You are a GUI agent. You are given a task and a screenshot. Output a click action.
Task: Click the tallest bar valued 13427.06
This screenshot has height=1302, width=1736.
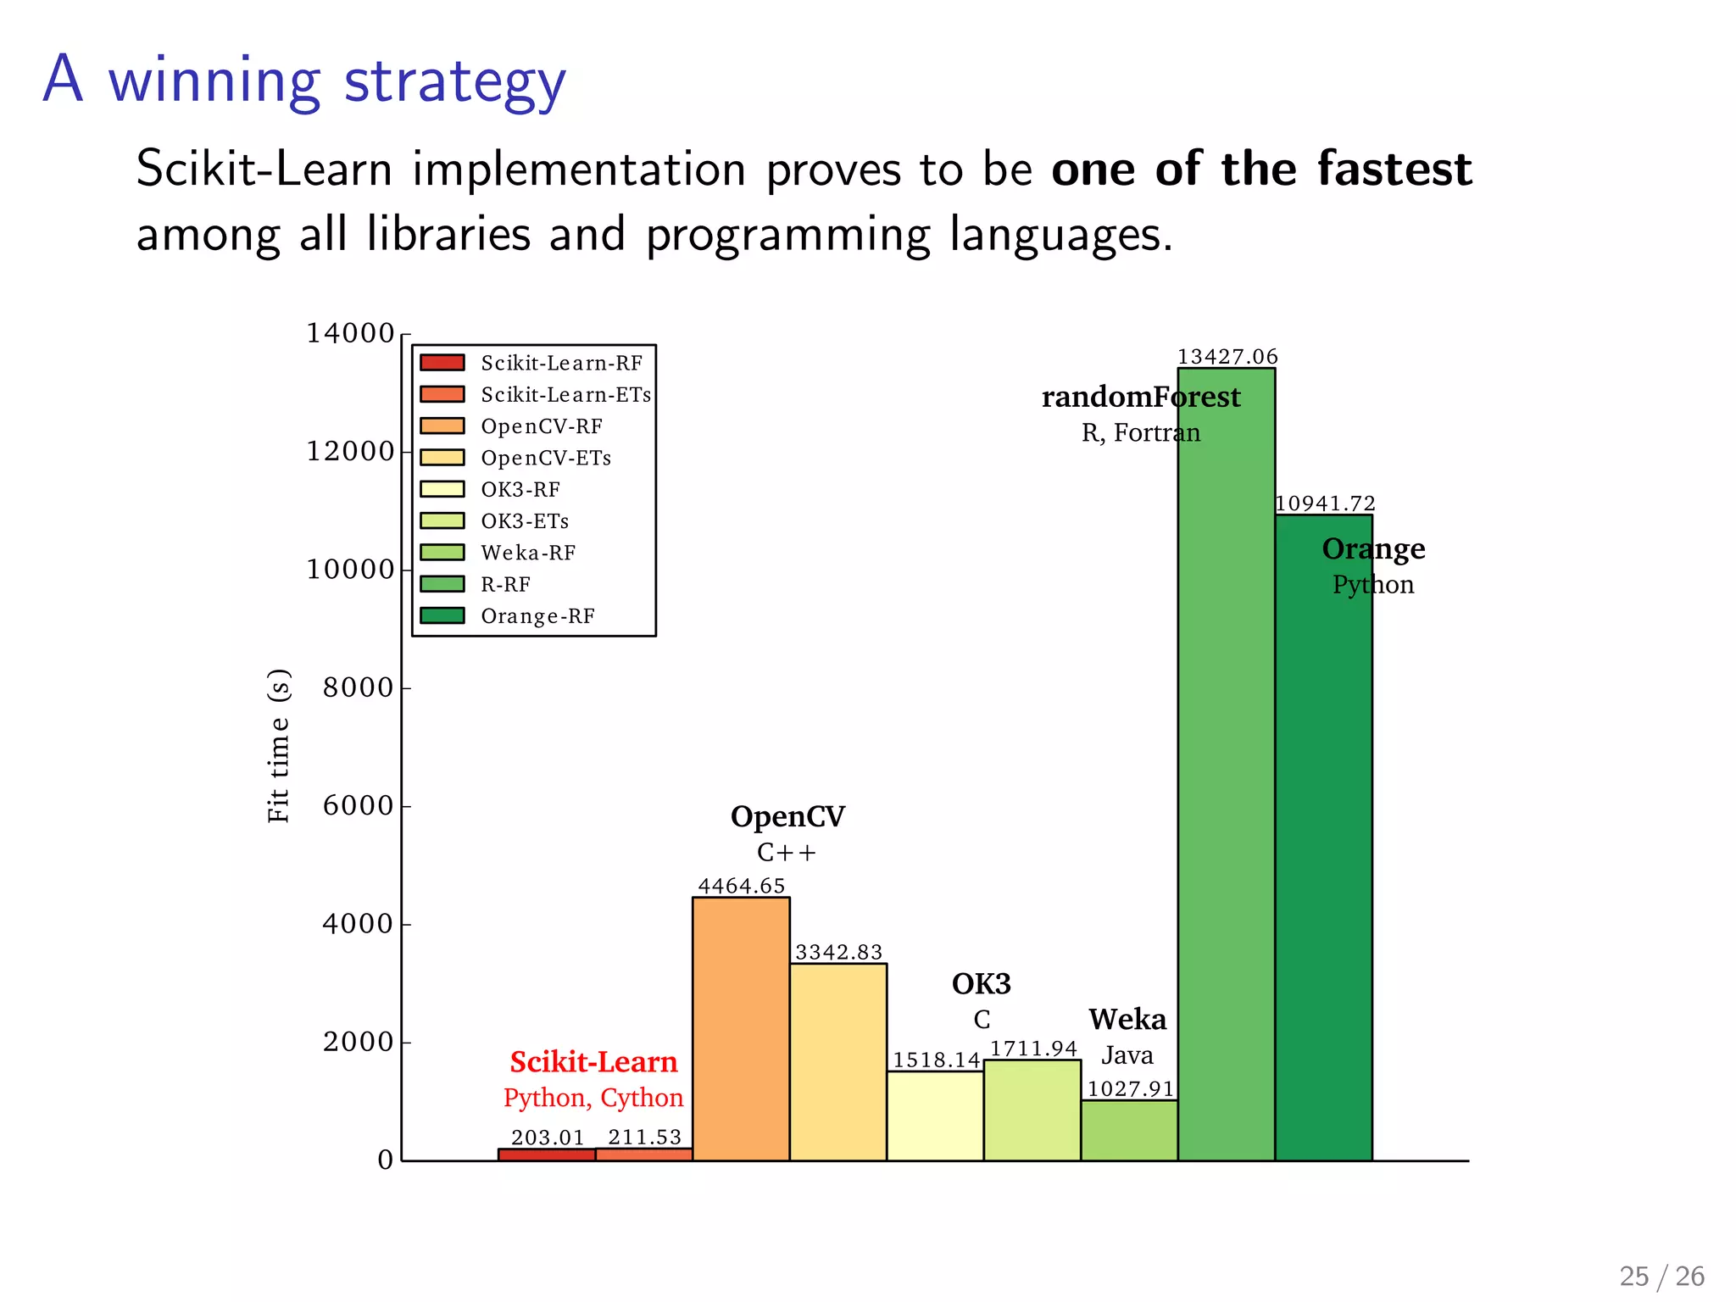click(1226, 763)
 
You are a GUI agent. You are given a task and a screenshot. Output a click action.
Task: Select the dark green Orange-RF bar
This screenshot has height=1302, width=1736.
click(1323, 848)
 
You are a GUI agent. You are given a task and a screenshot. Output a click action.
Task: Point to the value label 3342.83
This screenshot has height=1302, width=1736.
click(838, 952)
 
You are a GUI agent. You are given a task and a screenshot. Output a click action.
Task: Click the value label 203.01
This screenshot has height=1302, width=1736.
click(548, 1138)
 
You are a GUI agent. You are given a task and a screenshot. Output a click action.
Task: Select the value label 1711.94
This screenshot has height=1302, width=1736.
click(1033, 1049)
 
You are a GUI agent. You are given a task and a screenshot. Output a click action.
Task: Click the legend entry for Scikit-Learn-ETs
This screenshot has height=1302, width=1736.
click(565, 395)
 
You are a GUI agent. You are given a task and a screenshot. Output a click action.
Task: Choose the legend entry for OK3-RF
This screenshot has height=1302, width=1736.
click(520, 490)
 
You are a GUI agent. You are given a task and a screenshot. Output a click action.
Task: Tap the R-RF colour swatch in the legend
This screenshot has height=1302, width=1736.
click(442, 584)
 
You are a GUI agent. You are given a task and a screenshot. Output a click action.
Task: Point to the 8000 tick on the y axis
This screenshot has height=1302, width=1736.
click(358, 687)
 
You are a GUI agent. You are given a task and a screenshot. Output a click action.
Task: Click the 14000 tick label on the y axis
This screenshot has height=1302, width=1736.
click(350, 333)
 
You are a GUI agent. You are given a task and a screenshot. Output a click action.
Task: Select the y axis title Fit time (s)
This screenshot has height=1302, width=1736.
click(279, 746)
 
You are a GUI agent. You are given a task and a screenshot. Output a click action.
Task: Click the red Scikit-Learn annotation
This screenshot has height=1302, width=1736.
click(593, 1062)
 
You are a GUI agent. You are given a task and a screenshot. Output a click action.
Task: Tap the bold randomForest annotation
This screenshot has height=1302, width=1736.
click(1140, 397)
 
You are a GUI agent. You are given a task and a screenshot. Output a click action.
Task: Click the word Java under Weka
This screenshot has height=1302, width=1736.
click(1127, 1055)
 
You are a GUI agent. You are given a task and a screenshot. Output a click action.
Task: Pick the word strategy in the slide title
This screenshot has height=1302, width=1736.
click(455, 82)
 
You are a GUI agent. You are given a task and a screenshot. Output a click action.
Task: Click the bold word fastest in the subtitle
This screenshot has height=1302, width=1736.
click(1394, 169)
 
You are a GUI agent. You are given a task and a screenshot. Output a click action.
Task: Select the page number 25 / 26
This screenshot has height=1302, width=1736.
click(1661, 1276)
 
